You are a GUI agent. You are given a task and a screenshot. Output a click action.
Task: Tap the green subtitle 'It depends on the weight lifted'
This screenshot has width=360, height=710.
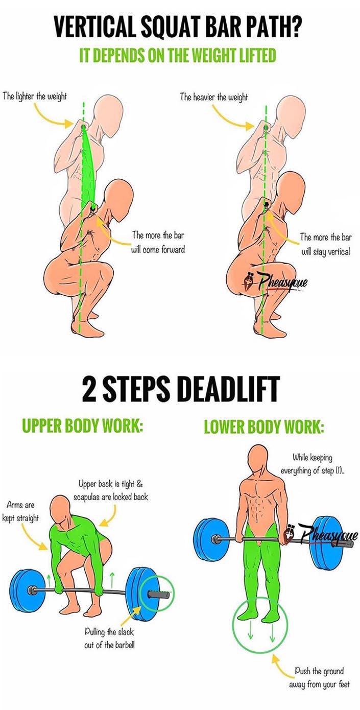pos(178,56)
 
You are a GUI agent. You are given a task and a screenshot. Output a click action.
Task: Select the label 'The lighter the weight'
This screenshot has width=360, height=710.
pos(35,96)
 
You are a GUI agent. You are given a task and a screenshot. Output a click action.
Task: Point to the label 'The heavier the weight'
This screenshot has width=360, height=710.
pos(213,97)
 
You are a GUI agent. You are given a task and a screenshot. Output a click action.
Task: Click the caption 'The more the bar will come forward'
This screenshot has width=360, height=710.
pos(158,243)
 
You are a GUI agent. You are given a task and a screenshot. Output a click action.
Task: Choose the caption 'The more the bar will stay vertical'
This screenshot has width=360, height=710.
pos(325,244)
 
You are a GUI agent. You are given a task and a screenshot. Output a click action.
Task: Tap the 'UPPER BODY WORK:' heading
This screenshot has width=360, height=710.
pos(82,425)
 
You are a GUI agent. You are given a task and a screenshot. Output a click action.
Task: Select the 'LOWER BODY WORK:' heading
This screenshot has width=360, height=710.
pos(264,427)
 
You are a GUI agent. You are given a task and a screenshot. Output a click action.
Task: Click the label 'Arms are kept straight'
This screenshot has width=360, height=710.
pos(20,511)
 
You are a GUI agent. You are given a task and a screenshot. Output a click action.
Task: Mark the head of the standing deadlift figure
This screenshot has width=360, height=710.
pos(258,461)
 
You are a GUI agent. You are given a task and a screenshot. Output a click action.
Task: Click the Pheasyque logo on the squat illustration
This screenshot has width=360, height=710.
pos(276,282)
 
